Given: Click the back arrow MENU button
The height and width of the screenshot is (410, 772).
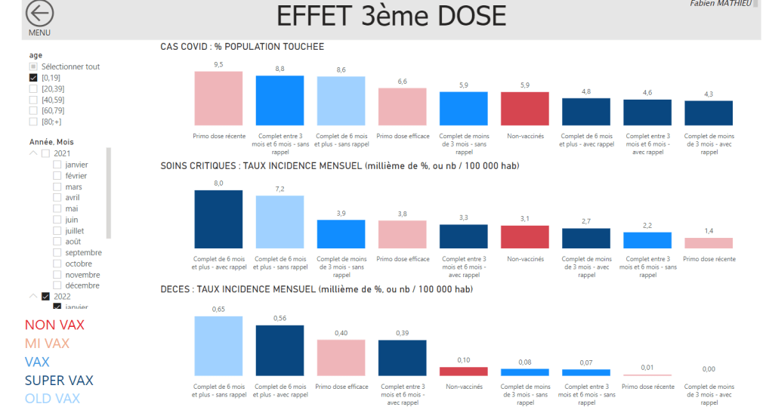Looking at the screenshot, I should pos(40,15).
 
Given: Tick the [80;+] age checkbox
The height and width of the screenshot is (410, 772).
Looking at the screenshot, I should pos(33,122).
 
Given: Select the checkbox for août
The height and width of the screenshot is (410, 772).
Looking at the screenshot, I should pos(57,242).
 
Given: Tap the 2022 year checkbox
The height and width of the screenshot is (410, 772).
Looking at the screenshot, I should pos(45,297).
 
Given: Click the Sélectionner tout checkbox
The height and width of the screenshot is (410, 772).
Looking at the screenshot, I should pos(33,67).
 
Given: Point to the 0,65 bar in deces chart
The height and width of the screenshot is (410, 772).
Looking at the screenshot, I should pos(218,345).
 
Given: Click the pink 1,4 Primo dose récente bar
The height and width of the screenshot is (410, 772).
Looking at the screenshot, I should pos(708,243).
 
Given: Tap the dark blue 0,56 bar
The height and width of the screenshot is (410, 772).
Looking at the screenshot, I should pos(279,350).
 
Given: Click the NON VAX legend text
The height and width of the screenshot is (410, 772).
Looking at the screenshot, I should pos(54,325).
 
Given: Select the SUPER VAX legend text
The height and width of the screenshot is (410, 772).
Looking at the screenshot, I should pos(59,381).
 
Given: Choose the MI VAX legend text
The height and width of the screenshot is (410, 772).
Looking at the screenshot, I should pos(52,344).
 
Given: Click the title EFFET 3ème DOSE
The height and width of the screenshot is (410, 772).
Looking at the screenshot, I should pos(391,17).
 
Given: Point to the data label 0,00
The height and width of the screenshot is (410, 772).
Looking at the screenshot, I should pos(708,369).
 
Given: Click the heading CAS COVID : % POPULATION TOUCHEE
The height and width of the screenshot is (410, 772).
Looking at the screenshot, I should pos(242,47).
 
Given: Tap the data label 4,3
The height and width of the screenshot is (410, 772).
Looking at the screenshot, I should pos(708,94).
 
